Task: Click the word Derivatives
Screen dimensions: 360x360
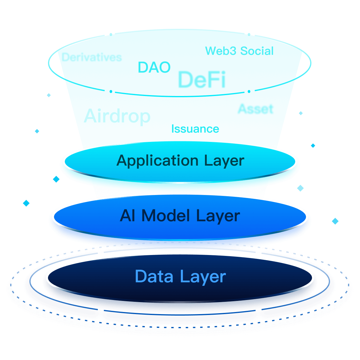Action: coord(91,57)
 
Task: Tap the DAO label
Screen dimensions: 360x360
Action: coord(154,67)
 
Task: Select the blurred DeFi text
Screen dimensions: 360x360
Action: coord(202,79)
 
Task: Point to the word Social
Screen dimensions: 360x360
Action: coord(257,51)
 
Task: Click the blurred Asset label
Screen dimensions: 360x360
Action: coord(256,109)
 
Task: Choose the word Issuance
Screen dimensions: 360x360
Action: coord(195,129)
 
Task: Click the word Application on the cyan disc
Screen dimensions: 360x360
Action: coord(157,161)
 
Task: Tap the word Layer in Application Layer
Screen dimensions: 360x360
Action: coord(224,161)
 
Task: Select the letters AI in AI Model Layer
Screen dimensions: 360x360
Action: coord(127,215)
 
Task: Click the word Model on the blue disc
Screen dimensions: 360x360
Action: coord(166,215)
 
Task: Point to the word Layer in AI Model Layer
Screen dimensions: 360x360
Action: coord(218,216)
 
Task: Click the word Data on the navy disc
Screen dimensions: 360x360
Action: coord(154,276)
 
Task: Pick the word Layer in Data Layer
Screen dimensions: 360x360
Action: coord(203,277)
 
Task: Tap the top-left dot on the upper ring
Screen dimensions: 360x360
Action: coord(111,34)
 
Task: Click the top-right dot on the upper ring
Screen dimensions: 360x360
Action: coord(249,34)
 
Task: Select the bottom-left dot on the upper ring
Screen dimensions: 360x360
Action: coord(111,91)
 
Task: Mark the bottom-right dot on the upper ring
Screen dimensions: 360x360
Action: coord(249,91)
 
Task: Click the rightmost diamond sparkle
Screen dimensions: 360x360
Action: coord(335,221)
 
